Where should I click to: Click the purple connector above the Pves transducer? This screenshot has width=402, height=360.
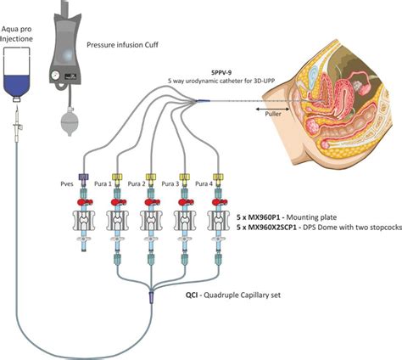tap(84, 179)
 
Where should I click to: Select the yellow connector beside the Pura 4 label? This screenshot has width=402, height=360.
tap(220, 179)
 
